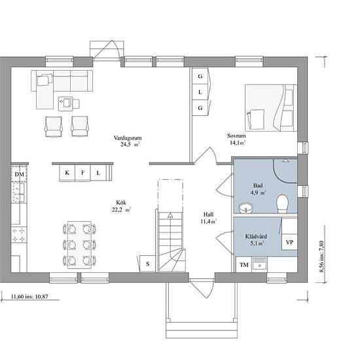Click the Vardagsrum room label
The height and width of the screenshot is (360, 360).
tap(128, 138)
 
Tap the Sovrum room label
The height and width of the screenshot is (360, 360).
tap(236, 135)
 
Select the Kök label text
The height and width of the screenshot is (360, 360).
tap(121, 203)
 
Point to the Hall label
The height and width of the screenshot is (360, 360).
tap(208, 215)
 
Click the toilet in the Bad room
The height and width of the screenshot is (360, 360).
tap(282, 204)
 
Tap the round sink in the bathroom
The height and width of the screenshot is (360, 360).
tap(246, 207)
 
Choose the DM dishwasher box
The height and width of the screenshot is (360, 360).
tap(19, 174)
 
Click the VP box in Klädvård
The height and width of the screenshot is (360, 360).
tap(289, 242)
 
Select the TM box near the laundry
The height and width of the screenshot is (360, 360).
tap(244, 265)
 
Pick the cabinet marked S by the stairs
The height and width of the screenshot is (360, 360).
tap(148, 264)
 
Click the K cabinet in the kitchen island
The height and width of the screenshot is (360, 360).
tap(67, 173)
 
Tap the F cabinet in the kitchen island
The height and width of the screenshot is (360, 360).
tap(82, 173)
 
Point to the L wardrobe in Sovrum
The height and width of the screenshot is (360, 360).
tap(200, 92)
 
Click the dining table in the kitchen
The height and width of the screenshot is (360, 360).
tap(80, 245)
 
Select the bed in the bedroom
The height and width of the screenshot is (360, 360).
tap(271, 108)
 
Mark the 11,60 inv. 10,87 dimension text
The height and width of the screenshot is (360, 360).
tap(29, 297)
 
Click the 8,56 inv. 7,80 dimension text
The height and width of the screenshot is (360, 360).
tap(321, 257)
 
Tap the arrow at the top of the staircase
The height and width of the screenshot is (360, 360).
tap(170, 215)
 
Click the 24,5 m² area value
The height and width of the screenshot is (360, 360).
tap(130, 145)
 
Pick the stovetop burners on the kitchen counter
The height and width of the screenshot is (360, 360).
tap(19, 234)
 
